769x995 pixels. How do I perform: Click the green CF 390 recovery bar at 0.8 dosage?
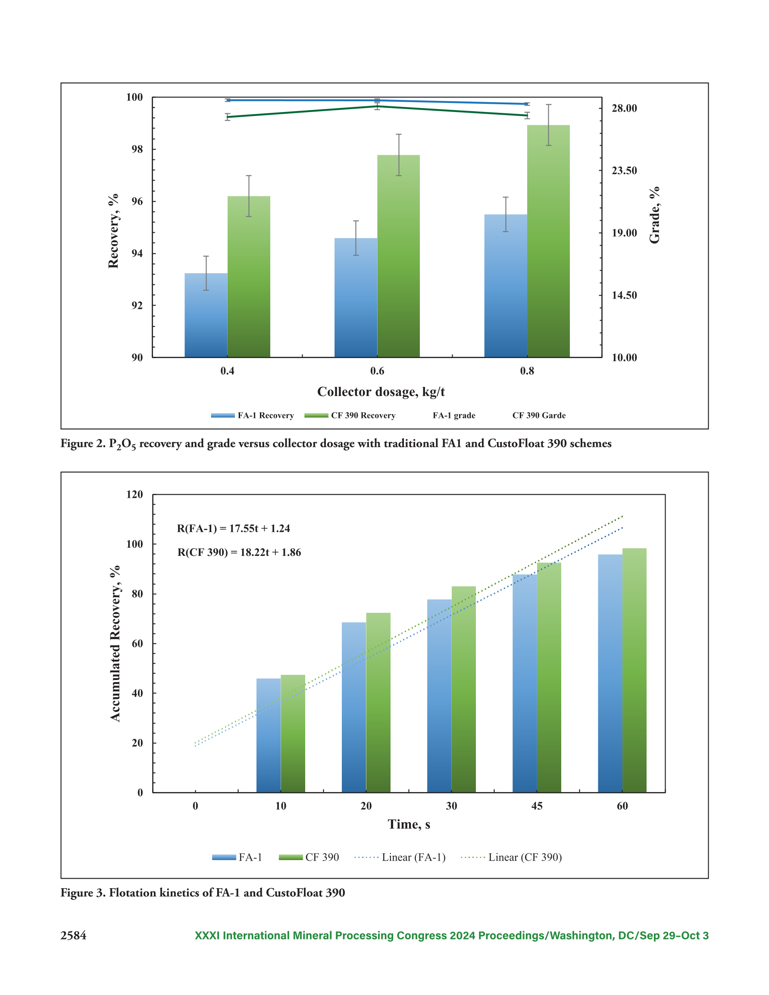tap(548, 241)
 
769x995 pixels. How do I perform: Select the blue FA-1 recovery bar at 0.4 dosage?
tap(206, 315)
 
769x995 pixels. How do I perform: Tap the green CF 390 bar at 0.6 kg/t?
tap(398, 256)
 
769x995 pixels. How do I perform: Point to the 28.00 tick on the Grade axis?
tap(624, 108)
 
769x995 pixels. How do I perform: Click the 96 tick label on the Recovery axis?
tap(137, 201)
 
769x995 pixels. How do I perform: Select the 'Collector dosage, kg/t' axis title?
tap(381, 392)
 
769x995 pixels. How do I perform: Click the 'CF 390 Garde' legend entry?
tap(539, 415)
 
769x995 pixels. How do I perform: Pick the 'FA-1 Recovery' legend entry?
tap(253, 415)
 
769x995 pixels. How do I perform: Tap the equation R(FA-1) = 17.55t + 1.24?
tap(233, 528)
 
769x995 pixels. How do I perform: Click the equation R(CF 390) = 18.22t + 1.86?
tap(239, 552)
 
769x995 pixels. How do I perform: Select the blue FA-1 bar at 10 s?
tap(269, 735)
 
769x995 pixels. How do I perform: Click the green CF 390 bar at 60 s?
tap(634, 670)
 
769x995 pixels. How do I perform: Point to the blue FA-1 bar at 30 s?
tap(439, 696)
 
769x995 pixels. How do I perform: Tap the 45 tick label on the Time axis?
tap(537, 806)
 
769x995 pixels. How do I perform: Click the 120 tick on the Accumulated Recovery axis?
tap(134, 494)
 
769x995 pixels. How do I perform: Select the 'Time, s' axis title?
tap(409, 824)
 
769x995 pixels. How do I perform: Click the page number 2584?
tap(73, 936)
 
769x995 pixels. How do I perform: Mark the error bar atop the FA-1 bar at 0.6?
tap(356, 238)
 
